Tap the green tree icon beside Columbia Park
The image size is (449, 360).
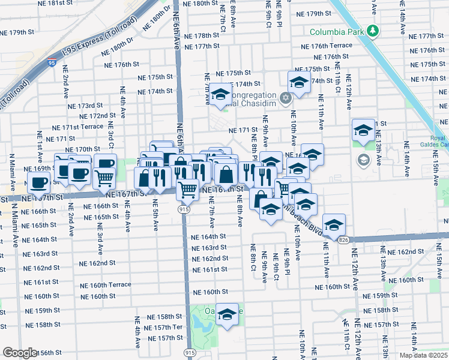coord(372,30)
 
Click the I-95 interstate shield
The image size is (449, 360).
coord(51,61)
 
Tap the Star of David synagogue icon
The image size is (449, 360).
coord(286,97)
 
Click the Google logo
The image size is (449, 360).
coord(19,353)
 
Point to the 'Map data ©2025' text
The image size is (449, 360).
coord(423,355)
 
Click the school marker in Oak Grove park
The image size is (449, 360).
coord(227,315)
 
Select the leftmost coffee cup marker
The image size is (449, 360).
coord(40,182)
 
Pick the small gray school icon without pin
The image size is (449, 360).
coord(363,160)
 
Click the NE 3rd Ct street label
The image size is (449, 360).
coord(111,134)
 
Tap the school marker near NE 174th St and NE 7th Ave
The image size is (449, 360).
coord(220,94)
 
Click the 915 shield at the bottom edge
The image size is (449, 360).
coord(190,354)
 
